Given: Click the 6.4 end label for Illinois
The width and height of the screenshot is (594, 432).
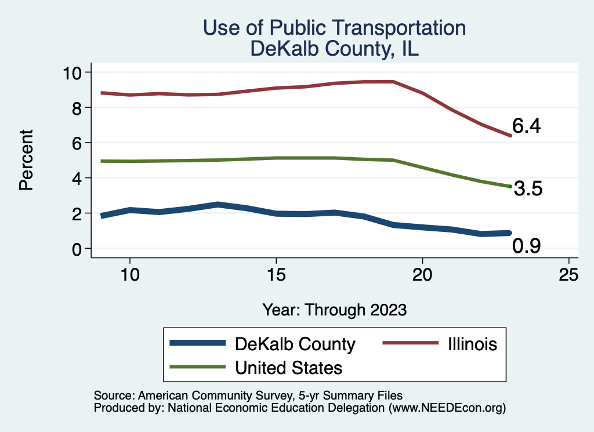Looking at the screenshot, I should [x=526, y=126].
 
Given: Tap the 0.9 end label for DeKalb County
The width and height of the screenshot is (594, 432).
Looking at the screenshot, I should [x=527, y=246].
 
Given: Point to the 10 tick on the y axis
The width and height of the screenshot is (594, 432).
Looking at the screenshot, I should [x=74, y=72].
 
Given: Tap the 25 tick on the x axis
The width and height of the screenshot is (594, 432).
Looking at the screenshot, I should [x=568, y=275].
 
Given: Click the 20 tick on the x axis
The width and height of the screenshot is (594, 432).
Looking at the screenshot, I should [x=422, y=275].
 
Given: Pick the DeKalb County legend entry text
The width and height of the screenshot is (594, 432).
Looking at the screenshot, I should [x=295, y=344].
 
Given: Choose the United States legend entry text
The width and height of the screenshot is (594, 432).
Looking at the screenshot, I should [x=288, y=368].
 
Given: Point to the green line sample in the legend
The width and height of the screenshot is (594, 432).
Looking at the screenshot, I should [x=197, y=367].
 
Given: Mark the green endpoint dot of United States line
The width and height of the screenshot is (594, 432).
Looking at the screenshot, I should [x=510, y=186].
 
